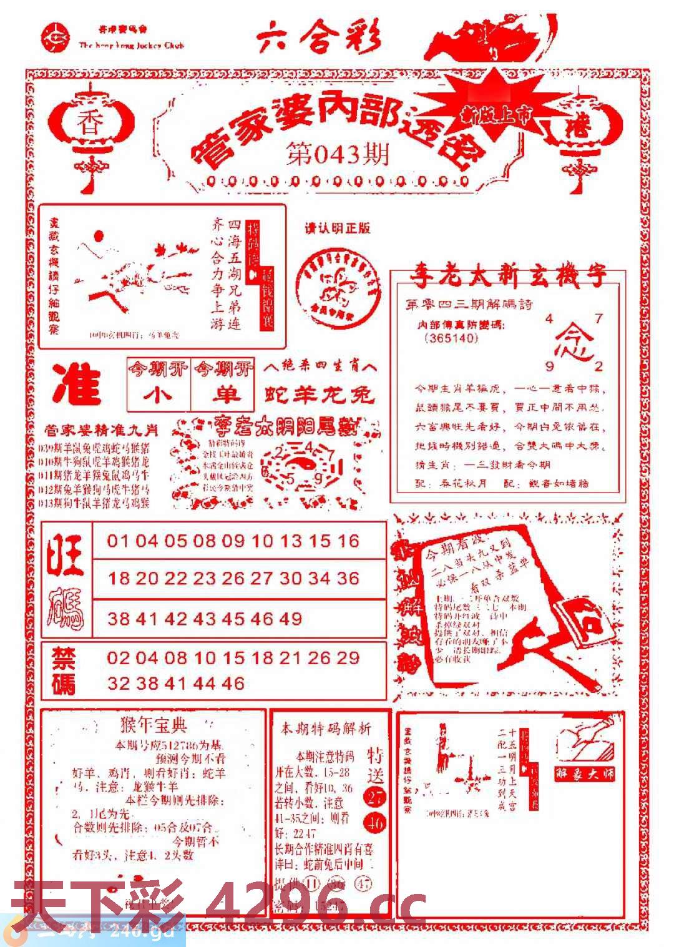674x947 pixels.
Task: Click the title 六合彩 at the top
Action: [319, 38]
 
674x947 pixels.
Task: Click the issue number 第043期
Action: [337, 154]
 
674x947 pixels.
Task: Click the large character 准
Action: [77, 383]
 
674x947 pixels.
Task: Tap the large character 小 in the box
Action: [159, 395]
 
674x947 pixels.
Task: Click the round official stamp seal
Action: [338, 286]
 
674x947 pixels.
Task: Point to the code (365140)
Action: [450, 338]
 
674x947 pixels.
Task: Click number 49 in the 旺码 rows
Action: [290, 619]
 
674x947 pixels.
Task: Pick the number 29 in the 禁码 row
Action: [348, 658]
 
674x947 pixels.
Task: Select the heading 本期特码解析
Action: [326, 729]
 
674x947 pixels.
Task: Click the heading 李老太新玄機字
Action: [507, 275]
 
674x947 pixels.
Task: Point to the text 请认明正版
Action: [337, 228]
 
